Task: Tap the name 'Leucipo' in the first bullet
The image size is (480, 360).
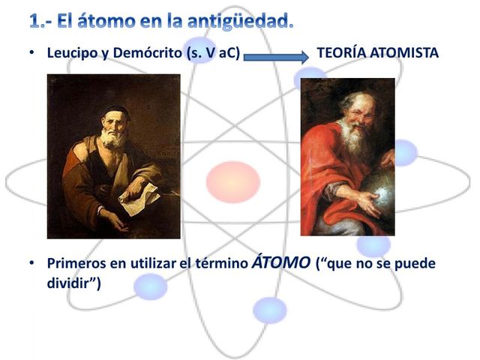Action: tap(72, 55)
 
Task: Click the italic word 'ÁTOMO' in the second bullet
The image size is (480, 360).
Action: tap(280, 263)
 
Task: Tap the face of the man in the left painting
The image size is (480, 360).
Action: tap(113, 128)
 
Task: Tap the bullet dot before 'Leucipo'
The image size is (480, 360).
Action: tap(33, 56)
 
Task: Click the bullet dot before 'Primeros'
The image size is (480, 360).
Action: tap(33, 265)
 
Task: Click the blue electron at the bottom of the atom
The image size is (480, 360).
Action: tap(269, 310)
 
